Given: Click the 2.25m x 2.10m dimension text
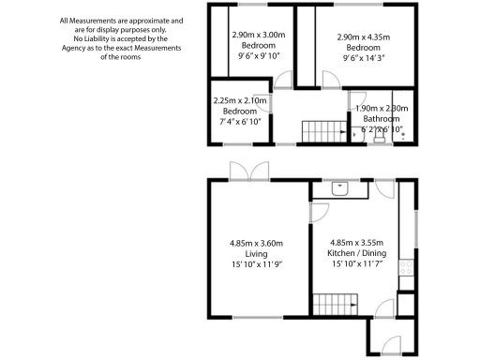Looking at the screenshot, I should (x=240, y=100).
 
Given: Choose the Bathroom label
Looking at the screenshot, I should (x=381, y=118).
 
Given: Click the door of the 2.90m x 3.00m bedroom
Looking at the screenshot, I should (x=283, y=97).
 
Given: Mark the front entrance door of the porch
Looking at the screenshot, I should (x=389, y=345).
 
